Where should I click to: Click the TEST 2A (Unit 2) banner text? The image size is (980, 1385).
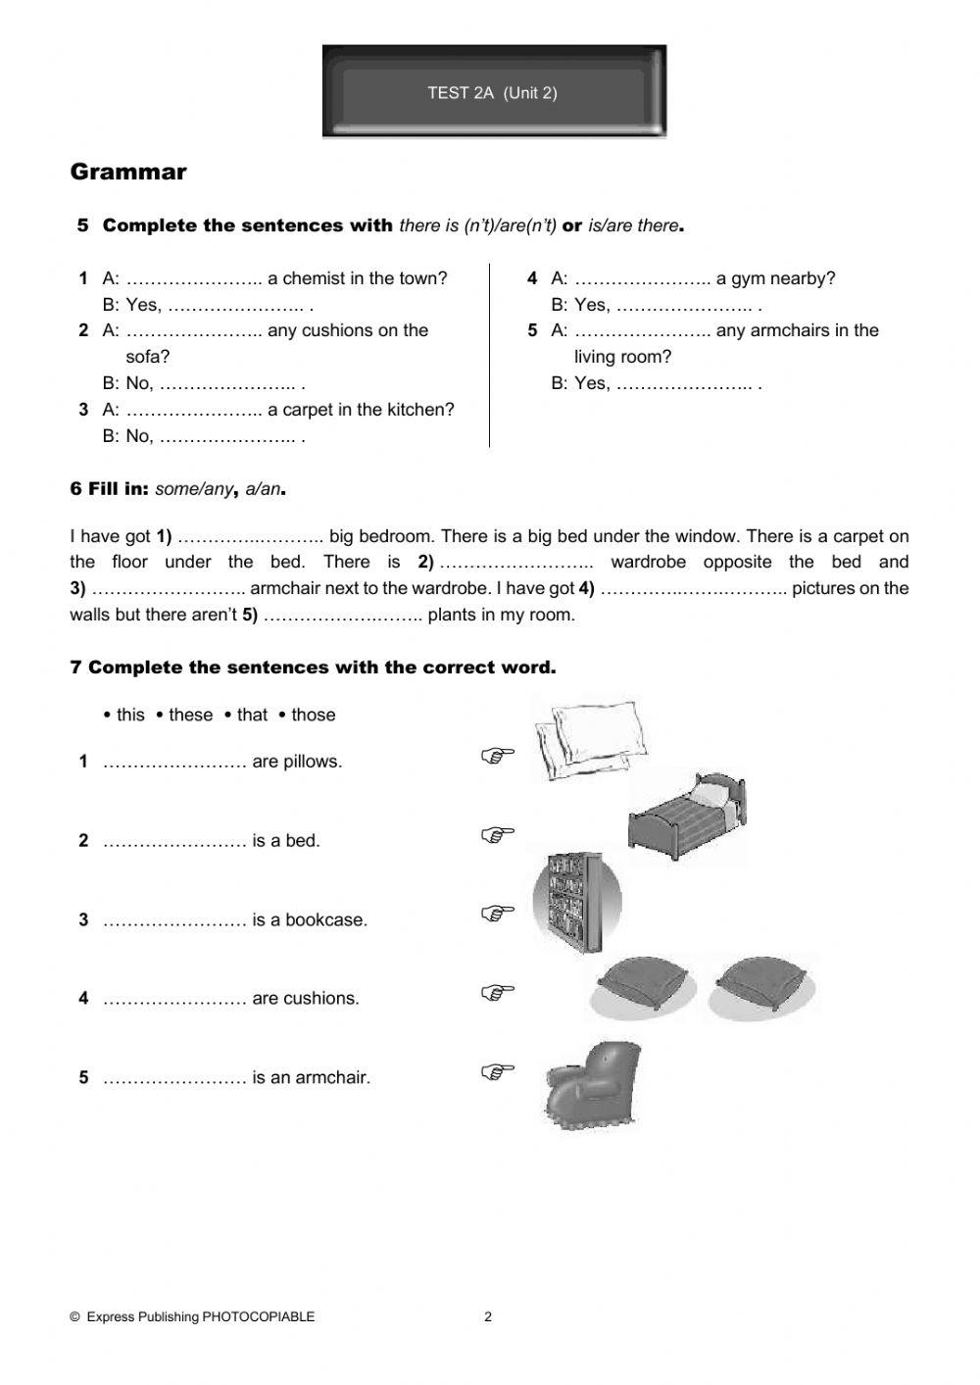click(492, 93)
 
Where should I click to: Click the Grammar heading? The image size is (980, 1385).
click(128, 173)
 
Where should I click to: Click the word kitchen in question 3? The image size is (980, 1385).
click(417, 410)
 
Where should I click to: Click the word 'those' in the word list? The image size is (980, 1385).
click(313, 715)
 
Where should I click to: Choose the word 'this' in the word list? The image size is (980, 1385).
click(130, 715)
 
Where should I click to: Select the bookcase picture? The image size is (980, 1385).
click(576, 902)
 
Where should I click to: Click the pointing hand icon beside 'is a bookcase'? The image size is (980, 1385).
click(498, 914)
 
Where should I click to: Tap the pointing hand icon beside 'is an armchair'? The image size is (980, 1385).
click(498, 1071)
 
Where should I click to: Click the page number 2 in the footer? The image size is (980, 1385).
click(488, 1316)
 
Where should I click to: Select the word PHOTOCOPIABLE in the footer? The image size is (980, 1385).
click(259, 1316)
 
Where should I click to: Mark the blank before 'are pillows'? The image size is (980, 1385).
click(173, 763)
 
